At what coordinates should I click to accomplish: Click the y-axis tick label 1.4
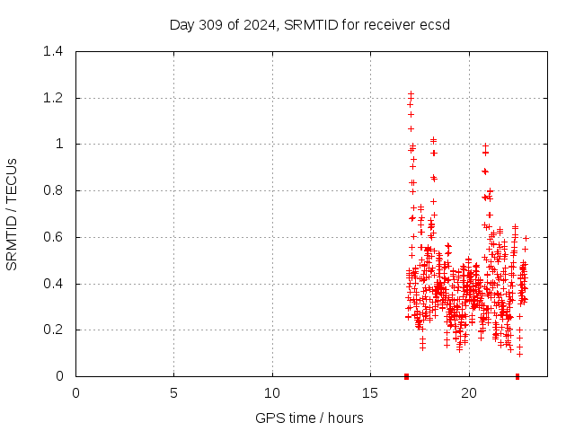(55, 51)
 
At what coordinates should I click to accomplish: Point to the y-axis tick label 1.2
(55, 98)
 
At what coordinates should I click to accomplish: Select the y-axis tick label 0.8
(55, 190)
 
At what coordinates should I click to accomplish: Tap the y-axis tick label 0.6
(55, 237)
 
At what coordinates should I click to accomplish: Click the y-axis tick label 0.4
(55, 284)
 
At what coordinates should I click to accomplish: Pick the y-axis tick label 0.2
(55, 330)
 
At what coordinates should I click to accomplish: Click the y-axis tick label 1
(59, 144)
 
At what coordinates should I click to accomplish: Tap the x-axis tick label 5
(174, 392)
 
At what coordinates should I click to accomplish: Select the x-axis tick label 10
(272, 392)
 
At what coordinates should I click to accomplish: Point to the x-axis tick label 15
(370, 392)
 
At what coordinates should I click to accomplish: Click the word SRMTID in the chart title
(307, 24)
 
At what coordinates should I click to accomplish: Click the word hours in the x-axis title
(345, 418)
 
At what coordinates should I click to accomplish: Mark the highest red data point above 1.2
(411, 93)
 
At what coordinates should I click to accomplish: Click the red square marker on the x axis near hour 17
(406, 376)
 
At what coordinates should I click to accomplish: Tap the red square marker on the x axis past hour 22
(517, 376)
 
